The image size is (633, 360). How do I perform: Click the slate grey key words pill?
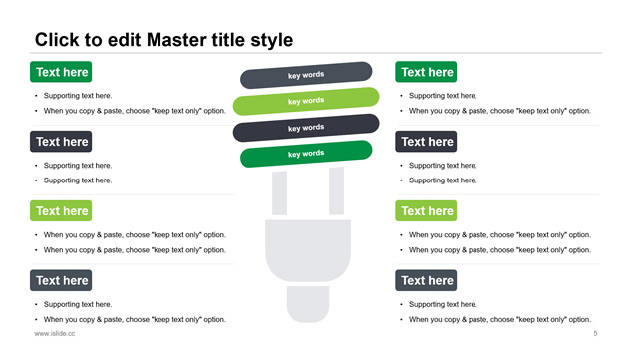[306, 75]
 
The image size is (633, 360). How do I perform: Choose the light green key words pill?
[306, 101]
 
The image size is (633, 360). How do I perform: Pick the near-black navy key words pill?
[306, 128]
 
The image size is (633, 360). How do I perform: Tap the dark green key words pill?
[306, 154]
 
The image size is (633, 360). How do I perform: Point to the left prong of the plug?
[279, 193]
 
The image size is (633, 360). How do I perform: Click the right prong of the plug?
[336, 191]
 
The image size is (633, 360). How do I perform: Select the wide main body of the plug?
[308, 250]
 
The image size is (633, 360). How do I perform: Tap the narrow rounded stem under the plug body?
[308, 304]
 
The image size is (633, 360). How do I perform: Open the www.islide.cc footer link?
[55, 333]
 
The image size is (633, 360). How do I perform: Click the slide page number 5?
[595, 333]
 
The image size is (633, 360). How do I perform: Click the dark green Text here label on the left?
[61, 72]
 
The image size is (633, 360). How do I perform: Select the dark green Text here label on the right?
[426, 72]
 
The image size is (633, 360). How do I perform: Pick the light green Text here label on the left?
[61, 210]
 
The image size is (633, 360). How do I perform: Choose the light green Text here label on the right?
[426, 210]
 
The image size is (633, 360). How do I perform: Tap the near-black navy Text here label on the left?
[61, 142]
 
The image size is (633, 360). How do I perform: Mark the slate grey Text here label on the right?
[426, 280]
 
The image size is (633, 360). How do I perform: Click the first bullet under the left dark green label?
[78, 96]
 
